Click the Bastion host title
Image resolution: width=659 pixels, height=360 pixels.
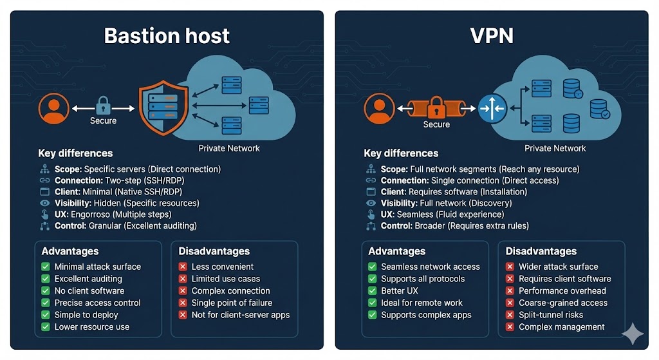[x=167, y=35]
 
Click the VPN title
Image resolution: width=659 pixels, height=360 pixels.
[x=491, y=35]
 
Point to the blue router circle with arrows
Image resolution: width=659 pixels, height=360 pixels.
[x=492, y=108]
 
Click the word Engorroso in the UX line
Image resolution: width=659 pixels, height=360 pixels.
[x=92, y=214]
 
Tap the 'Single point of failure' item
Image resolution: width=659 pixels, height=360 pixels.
[x=232, y=303]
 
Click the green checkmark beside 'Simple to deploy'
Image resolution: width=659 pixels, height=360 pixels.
[x=46, y=315]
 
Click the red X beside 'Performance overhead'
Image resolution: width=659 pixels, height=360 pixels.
[x=510, y=290]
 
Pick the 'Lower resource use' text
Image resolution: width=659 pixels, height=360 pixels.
[x=92, y=327]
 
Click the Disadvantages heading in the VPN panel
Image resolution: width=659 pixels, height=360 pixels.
[x=541, y=251]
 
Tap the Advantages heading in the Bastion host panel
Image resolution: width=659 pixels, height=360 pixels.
[x=70, y=251]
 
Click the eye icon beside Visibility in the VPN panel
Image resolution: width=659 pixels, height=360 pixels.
[x=371, y=203]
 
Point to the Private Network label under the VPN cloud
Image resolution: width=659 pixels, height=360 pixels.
[x=555, y=148]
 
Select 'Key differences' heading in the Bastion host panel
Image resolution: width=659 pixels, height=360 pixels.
[x=75, y=153]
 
